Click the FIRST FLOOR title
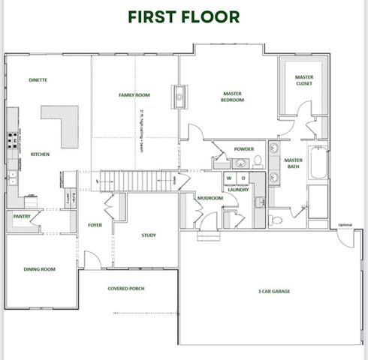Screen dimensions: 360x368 [x=184, y=16]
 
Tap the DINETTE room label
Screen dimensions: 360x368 [x=38, y=79]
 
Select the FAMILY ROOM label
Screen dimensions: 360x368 [x=134, y=95]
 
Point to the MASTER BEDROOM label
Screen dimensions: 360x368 [x=232, y=97]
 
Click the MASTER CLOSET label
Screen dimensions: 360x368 [x=303, y=79]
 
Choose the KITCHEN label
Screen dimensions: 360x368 [x=40, y=154]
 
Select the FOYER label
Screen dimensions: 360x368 [x=95, y=224]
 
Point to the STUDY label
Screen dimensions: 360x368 [x=149, y=235]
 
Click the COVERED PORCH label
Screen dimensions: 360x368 [x=126, y=288]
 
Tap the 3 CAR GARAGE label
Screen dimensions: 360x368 [x=273, y=291]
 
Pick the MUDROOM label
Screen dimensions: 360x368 [x=210, y=198]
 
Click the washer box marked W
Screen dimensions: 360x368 [x=229, y=178]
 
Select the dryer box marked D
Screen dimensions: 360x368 [x=243, y=178]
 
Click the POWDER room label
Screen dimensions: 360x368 [x=243, y=148]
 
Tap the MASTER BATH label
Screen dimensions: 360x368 [x=293, y=163]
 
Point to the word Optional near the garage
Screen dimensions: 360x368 [x=345, y=225]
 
